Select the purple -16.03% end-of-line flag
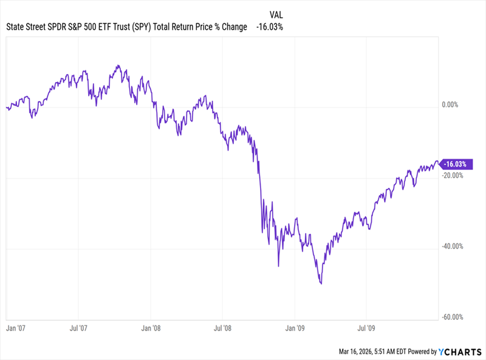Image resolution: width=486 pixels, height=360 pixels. tap(456, 164)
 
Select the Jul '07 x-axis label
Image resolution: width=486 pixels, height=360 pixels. tap(80, 328)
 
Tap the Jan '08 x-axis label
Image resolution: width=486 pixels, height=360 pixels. tap(151, 328)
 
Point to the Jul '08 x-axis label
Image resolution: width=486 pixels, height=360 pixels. tap(223, 328)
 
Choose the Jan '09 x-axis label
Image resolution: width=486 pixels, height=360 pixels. tap(295, 328)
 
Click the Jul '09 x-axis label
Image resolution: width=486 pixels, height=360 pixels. tap(366, 328)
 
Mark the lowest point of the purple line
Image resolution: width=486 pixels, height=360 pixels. tap(320, 284)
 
